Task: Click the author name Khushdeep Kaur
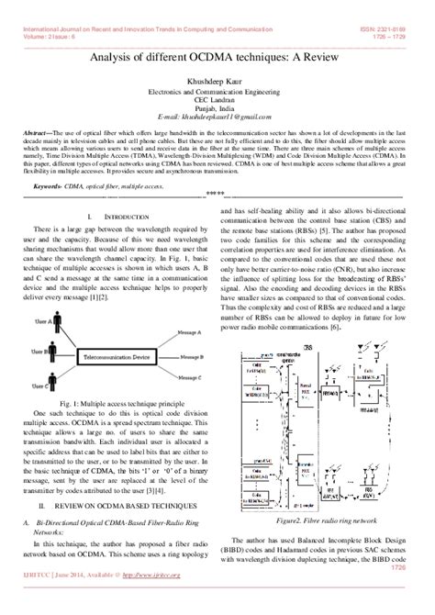click(218, 82)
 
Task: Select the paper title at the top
click(218, 57)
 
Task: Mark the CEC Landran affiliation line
click(218, 100)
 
